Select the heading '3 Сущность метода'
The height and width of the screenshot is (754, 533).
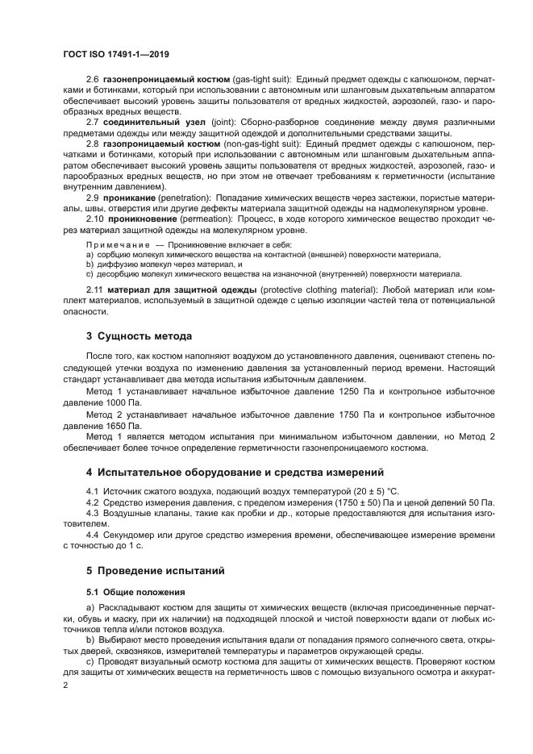coord(139,335)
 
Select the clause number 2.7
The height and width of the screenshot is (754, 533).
coord(92,122)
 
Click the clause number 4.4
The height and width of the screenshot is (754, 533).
coord(92,535)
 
